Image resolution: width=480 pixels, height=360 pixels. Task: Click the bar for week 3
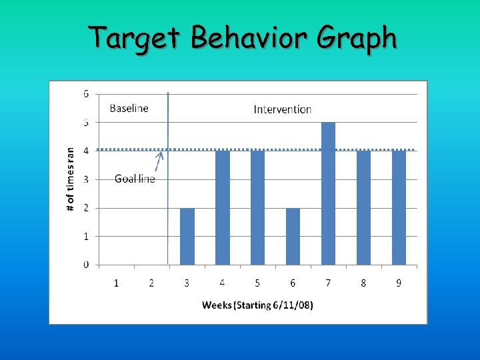(187, 236)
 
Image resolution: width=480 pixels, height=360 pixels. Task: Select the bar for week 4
(223, 208)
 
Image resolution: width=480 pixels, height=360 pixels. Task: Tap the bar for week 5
(258, 208)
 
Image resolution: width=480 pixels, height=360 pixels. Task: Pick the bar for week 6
(293, 236)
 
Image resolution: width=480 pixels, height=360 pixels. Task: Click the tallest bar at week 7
(328, 193)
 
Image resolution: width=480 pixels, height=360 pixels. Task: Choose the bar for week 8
(363, 208)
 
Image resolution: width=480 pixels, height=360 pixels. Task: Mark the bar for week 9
(399, 208)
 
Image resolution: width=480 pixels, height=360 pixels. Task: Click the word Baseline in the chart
(129, 108)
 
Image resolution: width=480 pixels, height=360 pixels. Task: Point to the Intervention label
(283, 109)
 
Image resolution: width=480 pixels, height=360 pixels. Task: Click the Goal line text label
(135, 179)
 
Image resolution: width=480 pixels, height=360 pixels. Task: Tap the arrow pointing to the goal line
(158, 162)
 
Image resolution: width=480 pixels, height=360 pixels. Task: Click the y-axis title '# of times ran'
(71, 179)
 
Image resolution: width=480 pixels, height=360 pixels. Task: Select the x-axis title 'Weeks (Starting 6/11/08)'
(257, 305)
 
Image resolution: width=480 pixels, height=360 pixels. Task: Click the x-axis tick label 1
(117, 283)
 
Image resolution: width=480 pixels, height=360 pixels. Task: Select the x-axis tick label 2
(152, 283)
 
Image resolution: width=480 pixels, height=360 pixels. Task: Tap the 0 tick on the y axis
(86, 265)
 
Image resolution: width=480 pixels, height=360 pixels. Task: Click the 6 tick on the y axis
(86, 94)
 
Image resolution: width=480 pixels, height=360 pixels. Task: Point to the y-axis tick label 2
(86, 208)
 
